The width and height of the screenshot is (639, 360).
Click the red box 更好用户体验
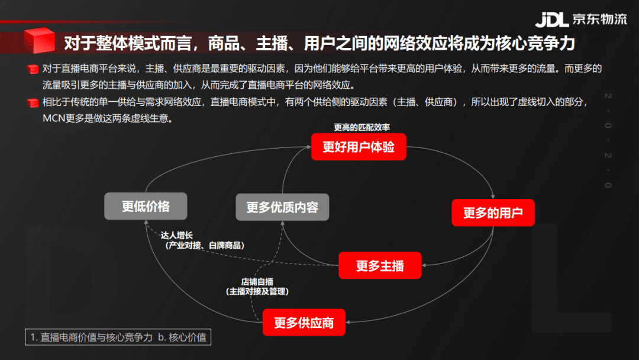pos(359,147)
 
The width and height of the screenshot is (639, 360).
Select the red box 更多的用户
pos(493,213)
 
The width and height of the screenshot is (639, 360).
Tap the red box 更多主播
pos(380,265)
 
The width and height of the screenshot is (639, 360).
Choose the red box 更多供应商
pos(304,323)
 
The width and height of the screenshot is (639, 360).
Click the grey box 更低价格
pos(146,206)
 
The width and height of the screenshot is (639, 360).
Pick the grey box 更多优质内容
pos(282,207)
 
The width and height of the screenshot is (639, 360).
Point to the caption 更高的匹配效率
pos(362,127)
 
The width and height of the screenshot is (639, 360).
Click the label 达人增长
pos(176,235)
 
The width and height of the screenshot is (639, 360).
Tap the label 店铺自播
pos(257,282)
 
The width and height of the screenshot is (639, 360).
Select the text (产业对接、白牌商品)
pos(205,246)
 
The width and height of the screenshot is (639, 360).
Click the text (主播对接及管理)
pos(257,291)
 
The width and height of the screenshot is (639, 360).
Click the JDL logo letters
pos(552,20)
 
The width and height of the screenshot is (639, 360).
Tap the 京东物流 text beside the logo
pos(599,19)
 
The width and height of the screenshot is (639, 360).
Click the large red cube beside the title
pos(39,40)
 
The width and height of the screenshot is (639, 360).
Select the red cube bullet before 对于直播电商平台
pos(33,69)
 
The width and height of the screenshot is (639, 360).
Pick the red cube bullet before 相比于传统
pos(33,102)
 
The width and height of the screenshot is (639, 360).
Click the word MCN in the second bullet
pos(54,118)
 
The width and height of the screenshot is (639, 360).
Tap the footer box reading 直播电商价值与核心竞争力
pos(118,337)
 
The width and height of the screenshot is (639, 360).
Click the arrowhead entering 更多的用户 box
pos(493,197)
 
